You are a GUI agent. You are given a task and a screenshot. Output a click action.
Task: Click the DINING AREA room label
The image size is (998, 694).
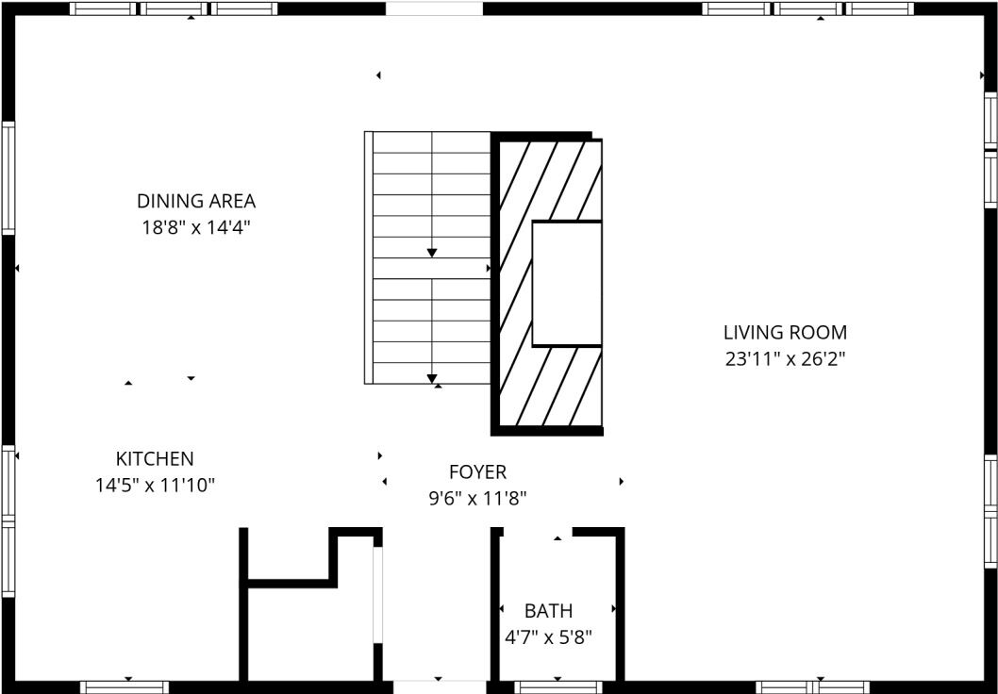(x=196, y=201)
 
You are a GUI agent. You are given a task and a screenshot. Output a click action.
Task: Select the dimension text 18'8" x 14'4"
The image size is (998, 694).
(x=196, y=227)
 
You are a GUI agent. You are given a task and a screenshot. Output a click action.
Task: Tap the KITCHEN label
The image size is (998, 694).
(x=155, y=459)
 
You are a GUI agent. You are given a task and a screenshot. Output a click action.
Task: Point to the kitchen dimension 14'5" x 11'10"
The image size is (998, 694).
(x=155, y=486)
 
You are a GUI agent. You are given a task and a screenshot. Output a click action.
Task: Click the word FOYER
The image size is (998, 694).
(x=477, y=471)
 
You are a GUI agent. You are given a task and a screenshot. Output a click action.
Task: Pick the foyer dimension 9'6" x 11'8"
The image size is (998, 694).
(x=477, y=498)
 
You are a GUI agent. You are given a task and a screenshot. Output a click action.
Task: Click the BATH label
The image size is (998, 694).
(x=548, y=611)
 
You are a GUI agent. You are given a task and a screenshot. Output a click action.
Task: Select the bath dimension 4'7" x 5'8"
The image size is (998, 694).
(x=548, y=637)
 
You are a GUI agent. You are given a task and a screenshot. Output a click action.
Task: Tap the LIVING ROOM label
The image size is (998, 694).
(x=785, y=332)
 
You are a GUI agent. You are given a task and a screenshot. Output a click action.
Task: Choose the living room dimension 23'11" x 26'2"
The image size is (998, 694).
(x=785, y=358)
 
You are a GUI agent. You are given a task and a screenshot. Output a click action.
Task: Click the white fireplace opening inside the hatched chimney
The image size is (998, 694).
(x=567, y=284)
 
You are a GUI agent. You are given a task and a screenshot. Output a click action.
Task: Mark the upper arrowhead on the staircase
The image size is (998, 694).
(x=432, y=253)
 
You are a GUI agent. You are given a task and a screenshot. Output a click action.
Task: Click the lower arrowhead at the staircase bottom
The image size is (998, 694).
(x=432, y=378)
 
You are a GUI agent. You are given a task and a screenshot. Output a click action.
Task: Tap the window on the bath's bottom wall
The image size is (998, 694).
(x=557, y=686)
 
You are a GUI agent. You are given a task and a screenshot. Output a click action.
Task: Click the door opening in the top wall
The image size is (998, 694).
(x=434, y=8)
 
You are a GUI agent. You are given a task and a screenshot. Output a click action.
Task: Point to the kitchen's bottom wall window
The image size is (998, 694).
(x=125, y=686)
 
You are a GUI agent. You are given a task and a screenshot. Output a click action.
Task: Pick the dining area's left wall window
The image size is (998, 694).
(x=8, y=177)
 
